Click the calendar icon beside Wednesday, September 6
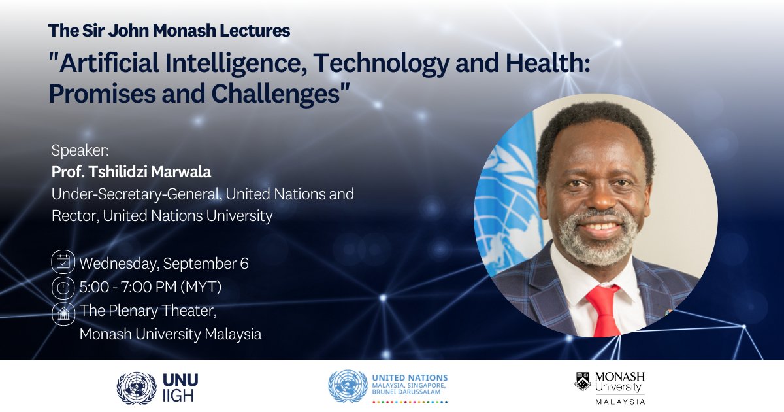tap(63, 263)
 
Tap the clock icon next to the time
tap(63, 288)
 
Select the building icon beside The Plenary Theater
tap(63, 313)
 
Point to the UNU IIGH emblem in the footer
tap(137, 388)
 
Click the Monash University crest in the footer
tap(583, 381)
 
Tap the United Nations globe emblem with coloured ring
tap(348, 386)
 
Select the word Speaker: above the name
tap(80, 150)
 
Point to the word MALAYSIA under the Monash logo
tap(620, 401)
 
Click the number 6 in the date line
tap(244, 264)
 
